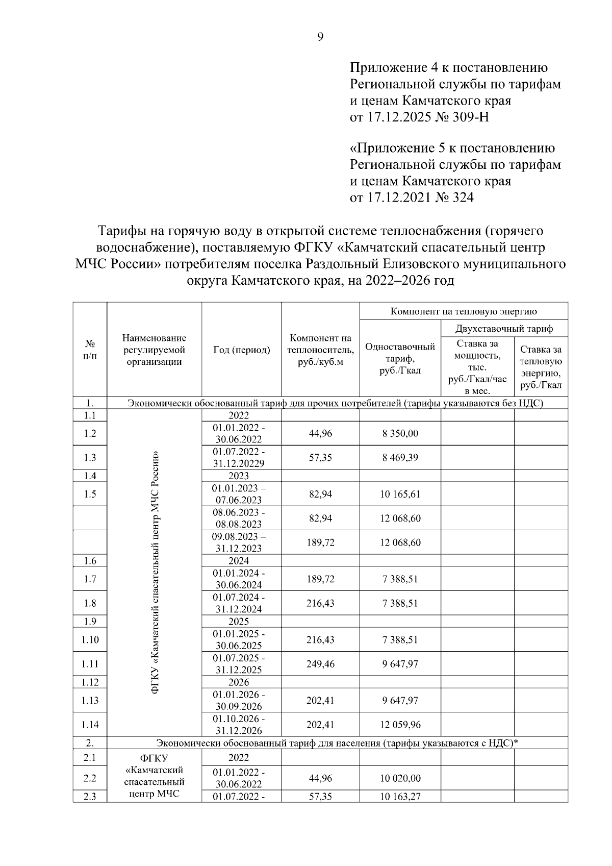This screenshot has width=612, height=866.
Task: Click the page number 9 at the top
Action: (320, 37)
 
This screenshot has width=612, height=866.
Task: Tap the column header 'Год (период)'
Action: (241, 350)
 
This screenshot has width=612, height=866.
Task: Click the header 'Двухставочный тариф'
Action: (504, 329)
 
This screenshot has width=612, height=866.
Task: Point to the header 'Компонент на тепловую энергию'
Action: (464, 311)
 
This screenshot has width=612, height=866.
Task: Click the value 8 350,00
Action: (400, 434)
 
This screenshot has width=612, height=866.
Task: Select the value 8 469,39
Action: (400, 458)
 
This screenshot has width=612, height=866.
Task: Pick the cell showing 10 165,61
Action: (400, 494)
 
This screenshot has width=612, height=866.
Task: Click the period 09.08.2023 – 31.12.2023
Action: (239, 542)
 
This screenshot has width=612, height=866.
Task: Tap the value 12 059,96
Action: (400, 725)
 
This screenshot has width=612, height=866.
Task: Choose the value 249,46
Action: (320, 664)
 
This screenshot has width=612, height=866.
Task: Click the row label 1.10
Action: (90, 640)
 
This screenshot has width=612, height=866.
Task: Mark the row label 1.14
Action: (90, 725)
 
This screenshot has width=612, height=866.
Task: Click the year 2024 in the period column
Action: (239, 561)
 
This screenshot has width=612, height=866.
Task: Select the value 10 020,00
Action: (400, 778)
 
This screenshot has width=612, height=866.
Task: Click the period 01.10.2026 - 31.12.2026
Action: (239, 725)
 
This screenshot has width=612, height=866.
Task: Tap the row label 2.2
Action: (90, 778)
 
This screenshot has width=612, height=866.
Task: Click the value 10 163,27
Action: (400, 796)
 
